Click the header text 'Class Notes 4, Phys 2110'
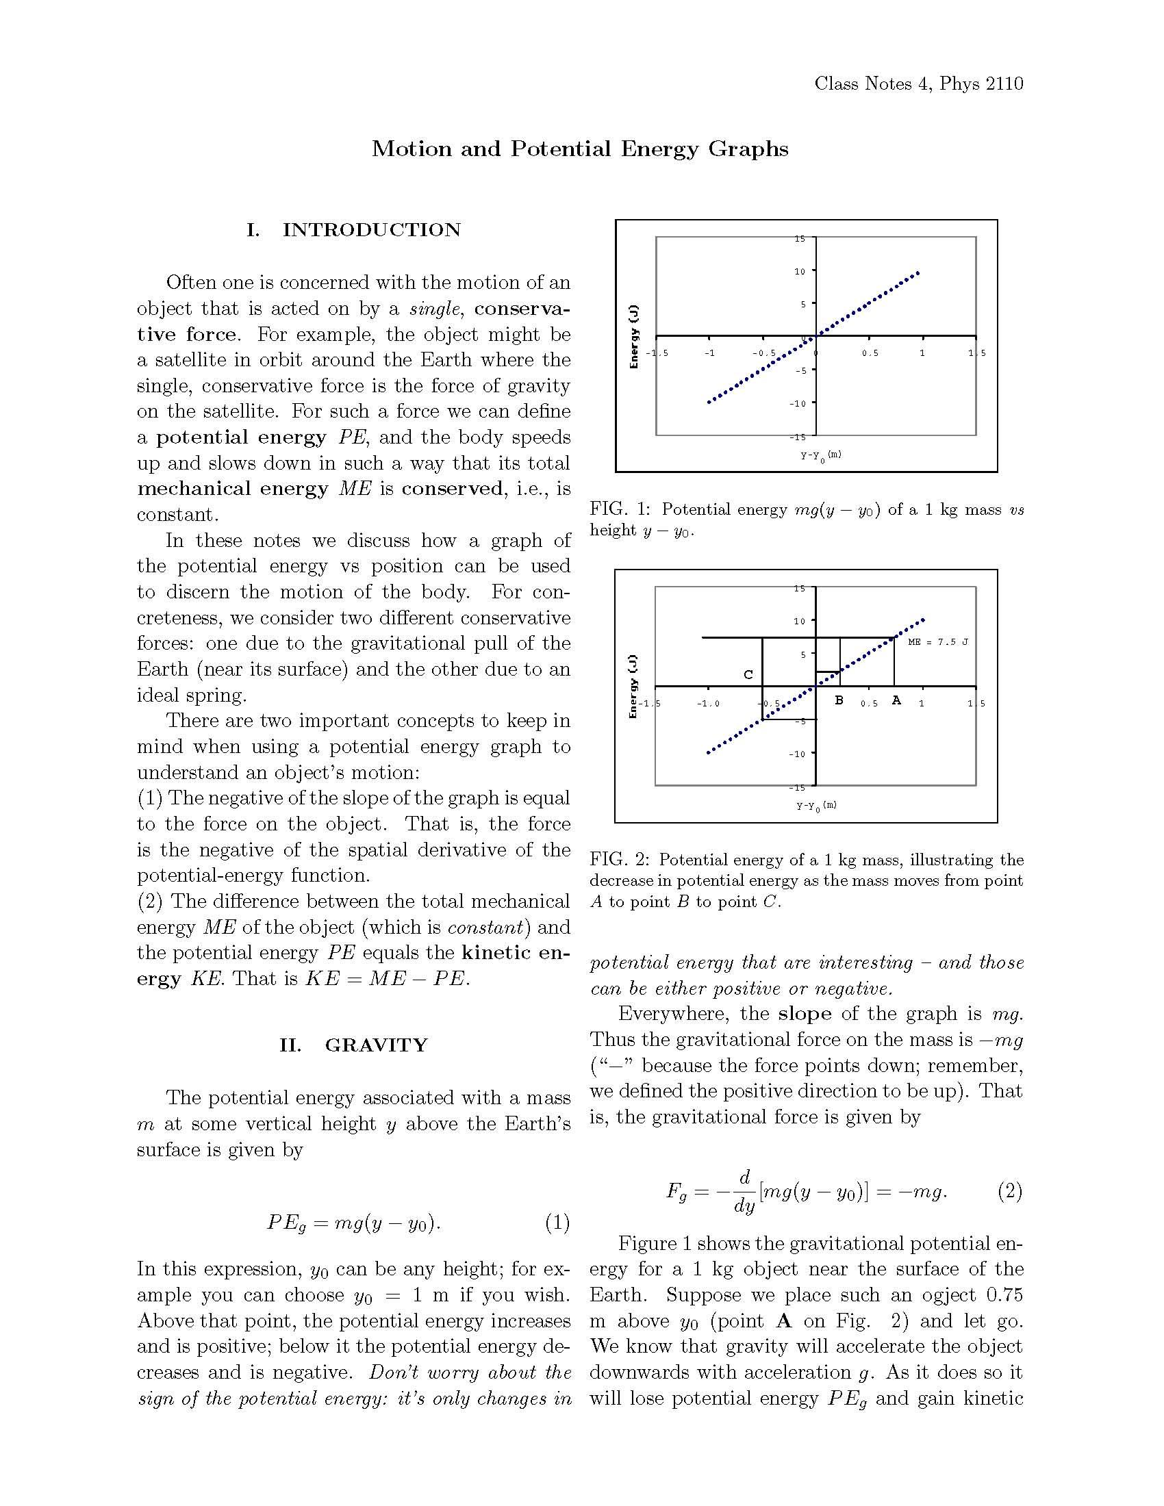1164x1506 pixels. pos(918,84)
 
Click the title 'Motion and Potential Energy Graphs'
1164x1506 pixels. pos(579,149)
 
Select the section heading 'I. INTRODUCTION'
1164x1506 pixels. pos(354,229)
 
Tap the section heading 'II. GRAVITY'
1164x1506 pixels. pos(354,1045)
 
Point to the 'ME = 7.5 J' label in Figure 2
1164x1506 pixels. pos(938,642)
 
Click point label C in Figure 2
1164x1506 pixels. pos(748,674)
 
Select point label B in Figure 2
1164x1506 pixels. pos(839,700)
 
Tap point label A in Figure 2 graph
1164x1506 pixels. pos(896,700)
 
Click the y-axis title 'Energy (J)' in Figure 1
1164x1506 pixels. pos(635,336)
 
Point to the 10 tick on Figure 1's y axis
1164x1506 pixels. pos(799,271)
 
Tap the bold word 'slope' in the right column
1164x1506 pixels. pos(804,1014)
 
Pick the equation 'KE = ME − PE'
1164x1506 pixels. pos(387,978)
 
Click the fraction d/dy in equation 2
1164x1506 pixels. pos(744,1191)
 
